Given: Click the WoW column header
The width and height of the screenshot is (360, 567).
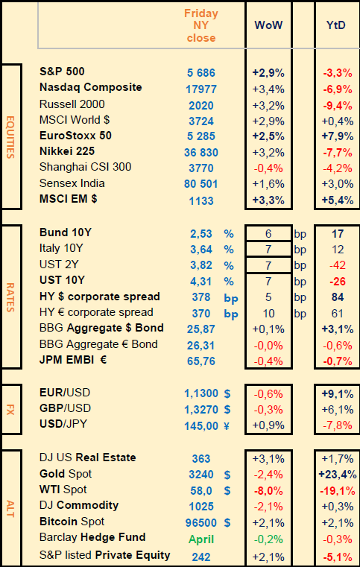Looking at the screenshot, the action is click(268, 25).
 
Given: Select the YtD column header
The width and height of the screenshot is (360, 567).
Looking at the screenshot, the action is click(335, 25).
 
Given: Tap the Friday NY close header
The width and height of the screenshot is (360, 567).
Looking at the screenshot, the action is click(201, 25).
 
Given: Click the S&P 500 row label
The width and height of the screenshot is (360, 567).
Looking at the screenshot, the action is click(62, 72).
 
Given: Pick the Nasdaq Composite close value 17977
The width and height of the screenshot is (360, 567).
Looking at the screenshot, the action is click(201, 89).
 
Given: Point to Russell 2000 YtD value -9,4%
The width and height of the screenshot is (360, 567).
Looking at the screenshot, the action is click(338, 105).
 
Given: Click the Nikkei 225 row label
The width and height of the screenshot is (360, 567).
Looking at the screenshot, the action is click(67, 151).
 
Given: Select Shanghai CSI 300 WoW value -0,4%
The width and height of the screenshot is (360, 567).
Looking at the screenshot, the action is click(268, 168).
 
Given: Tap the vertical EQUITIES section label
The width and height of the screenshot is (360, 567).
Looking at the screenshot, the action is click(10, 137).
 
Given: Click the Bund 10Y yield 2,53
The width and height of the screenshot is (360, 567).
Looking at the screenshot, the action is click(201, 234).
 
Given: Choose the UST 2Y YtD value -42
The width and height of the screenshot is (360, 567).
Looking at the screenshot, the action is click(338, 265).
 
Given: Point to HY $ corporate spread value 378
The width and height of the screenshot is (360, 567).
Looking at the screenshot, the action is click(201, 297).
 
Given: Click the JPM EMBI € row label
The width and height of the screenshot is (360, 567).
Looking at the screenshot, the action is click(73, 360).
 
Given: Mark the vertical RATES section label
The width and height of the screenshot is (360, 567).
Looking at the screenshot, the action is click(10, 297).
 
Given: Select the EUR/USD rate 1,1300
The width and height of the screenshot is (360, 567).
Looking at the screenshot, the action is click(201, 393).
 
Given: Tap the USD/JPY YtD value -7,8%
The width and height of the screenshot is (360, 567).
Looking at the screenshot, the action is click(338, 425).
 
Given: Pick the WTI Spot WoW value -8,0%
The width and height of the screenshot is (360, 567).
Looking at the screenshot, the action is click(268, 491).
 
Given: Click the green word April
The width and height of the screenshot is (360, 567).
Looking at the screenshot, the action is click(201, 539).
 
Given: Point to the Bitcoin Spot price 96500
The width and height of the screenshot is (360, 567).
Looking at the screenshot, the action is click(201, 522).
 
